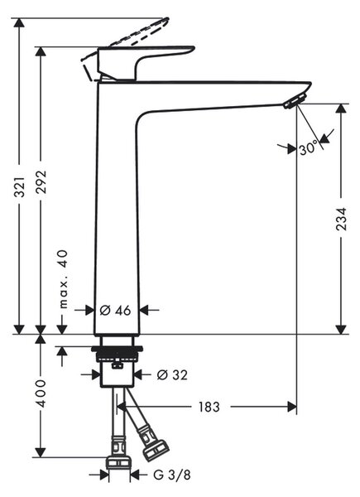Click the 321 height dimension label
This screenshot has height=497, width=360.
pyautogui.click(x=20, y=186)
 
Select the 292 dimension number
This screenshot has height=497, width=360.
pyautogui.click(x=41, y=182)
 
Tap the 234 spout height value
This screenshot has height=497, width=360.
pyautogui.click(x=341, y=220)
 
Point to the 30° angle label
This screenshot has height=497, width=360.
pyautogui.click(x=309, y=147)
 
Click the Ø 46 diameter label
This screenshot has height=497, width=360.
pyautogui.click(x=115, y=311)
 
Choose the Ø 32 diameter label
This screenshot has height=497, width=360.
pyautogui.click(x=172, y=375)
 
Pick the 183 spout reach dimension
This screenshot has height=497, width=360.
pyautogui.click(x=209, y=407)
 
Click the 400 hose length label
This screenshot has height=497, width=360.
pyautogui.click(x=41, y=393)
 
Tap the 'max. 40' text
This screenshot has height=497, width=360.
pyautogui.click(x=64, y=279)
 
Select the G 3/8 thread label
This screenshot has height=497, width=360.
pyautogui.click(x=172, y=475)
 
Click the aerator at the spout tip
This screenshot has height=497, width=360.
pyautogui.click(x=295, y=101)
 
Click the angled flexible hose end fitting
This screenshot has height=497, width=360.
pyautogui.click(x=154, y=448)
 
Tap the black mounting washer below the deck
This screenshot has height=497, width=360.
pyautogui.click(x=117, y=350)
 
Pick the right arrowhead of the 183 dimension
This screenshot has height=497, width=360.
pyautogui.click(x=291, y=407)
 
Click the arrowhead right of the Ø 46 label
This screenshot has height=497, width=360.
pyautogui.click(x=145, y=311)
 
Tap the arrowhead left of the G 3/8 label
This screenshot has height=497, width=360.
pyautogui.click(x=103, y=475)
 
